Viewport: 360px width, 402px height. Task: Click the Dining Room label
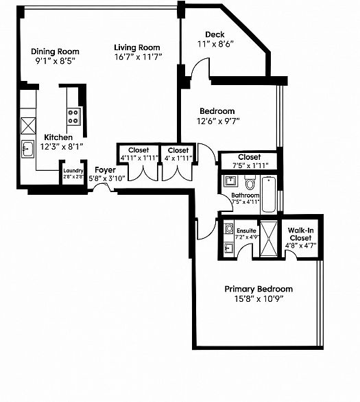pyautogui.click(x=55, y=51)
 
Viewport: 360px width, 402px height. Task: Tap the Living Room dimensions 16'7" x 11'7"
pyautogui.click(x=138, y=57)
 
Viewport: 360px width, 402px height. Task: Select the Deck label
pyautogui.click(x=215, y=34)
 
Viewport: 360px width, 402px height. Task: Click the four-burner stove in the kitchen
pyautogui.click(x=73, y=117)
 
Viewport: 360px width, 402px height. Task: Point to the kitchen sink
pyautogui.click(x=27, y=149)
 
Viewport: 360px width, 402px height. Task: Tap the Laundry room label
pyautogui.click(x=73, y=171)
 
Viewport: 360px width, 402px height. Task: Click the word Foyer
pyautogui.click(x=105, y=170)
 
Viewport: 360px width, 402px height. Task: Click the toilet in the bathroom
pyautogui.click(x=250, y=182)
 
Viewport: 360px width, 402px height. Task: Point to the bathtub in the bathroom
pyautogui.click(x=269, y=194)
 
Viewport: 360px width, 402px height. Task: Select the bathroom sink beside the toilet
pyautogui.click(x=230, y=181)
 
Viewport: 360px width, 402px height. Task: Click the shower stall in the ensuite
pyautogui.click(x=269, y=239)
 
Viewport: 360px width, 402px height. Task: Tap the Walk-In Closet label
pyautogui.click(x=300, y=234)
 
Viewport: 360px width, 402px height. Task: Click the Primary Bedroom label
pyautogui.click(x=259, y=289)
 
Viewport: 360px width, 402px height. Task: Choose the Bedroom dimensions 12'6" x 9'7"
pyautogui.click(x=218, y=121)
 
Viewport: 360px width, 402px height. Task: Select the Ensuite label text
pyautogui.click(x=246, y=230)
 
